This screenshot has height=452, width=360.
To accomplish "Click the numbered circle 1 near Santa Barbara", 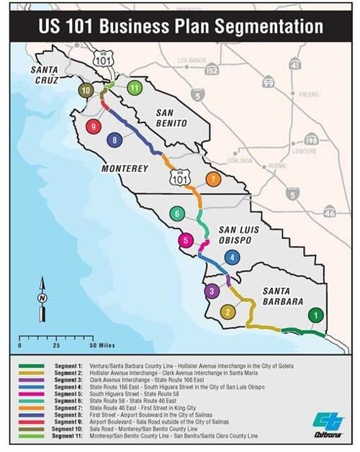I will point(315,315).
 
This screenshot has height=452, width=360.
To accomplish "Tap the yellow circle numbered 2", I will point(228,312).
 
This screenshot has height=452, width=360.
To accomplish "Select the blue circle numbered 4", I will point(231,257).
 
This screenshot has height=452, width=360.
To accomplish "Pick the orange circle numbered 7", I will point(212,178).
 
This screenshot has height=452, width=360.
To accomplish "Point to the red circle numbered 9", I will point(92,126).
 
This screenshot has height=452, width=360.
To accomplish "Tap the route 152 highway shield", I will point(212,70).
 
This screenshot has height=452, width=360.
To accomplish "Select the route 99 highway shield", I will point(268,83).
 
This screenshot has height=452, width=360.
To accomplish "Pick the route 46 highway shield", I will point(329,211).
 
